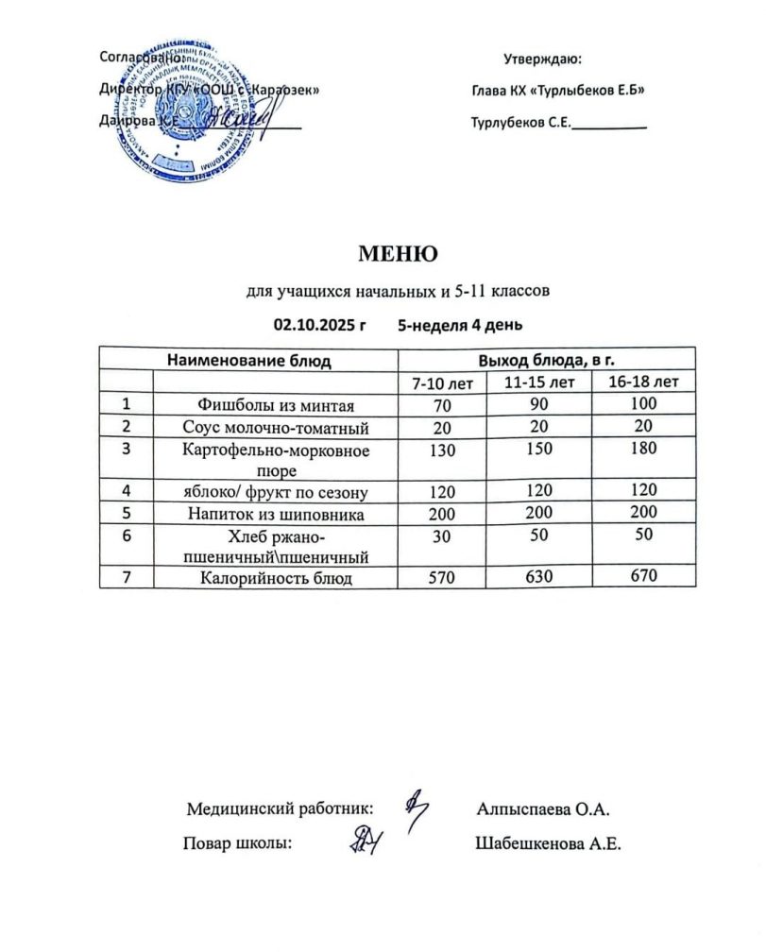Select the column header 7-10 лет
point(441,383)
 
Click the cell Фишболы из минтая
point(274,406)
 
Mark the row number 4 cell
point(126,491)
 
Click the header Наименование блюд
point(248,360)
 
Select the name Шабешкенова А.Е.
point(549,844)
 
